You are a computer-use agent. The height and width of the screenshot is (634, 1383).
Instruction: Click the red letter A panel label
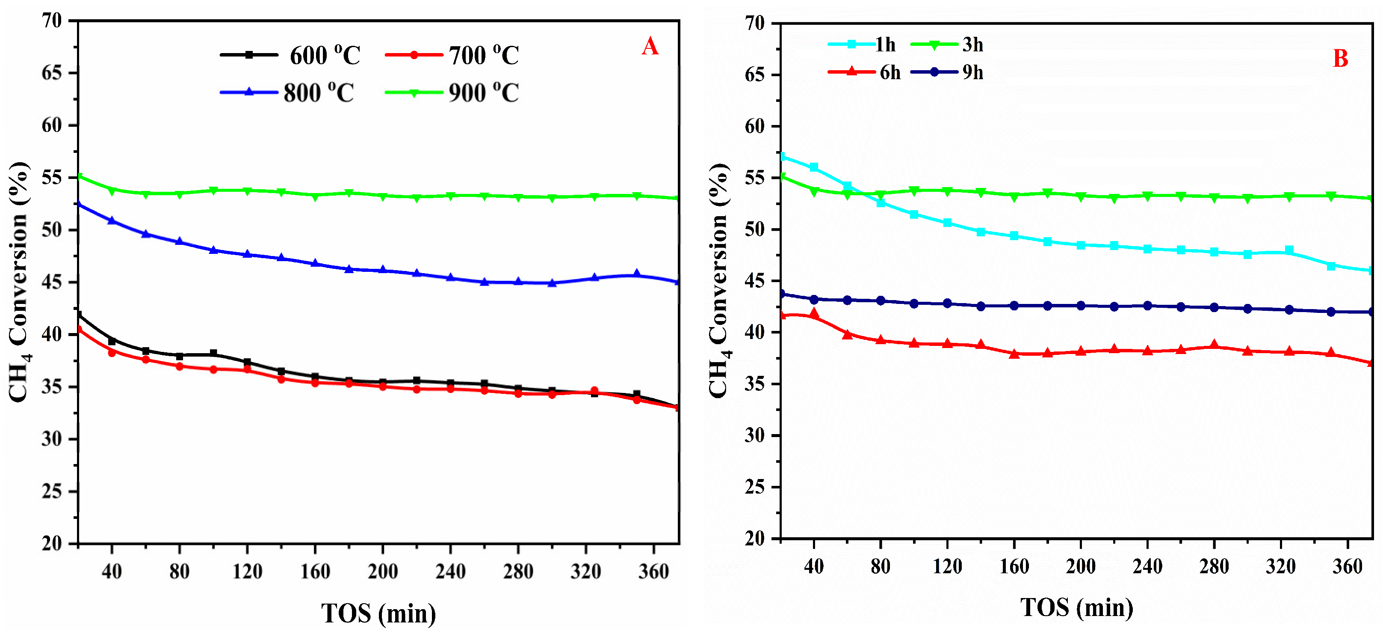pos(650,47)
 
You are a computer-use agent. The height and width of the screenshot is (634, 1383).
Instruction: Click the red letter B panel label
pos(1341,59)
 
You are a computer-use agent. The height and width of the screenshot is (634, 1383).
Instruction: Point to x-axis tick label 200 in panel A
pos(382,571)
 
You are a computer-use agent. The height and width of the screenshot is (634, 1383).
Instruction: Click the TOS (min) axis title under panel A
pos(378,613)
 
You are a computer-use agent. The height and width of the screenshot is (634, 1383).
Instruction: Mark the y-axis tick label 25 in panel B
pos(754,487)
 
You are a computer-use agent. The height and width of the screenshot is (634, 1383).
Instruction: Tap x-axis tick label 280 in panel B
pos(1214,566)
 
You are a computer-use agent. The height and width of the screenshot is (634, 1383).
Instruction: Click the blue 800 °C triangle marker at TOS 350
pos(637,274)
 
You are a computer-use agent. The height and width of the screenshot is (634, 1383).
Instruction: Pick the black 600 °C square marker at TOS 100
pos(213,354)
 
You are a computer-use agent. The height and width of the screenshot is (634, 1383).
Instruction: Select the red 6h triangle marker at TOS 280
pos(1214,345)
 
